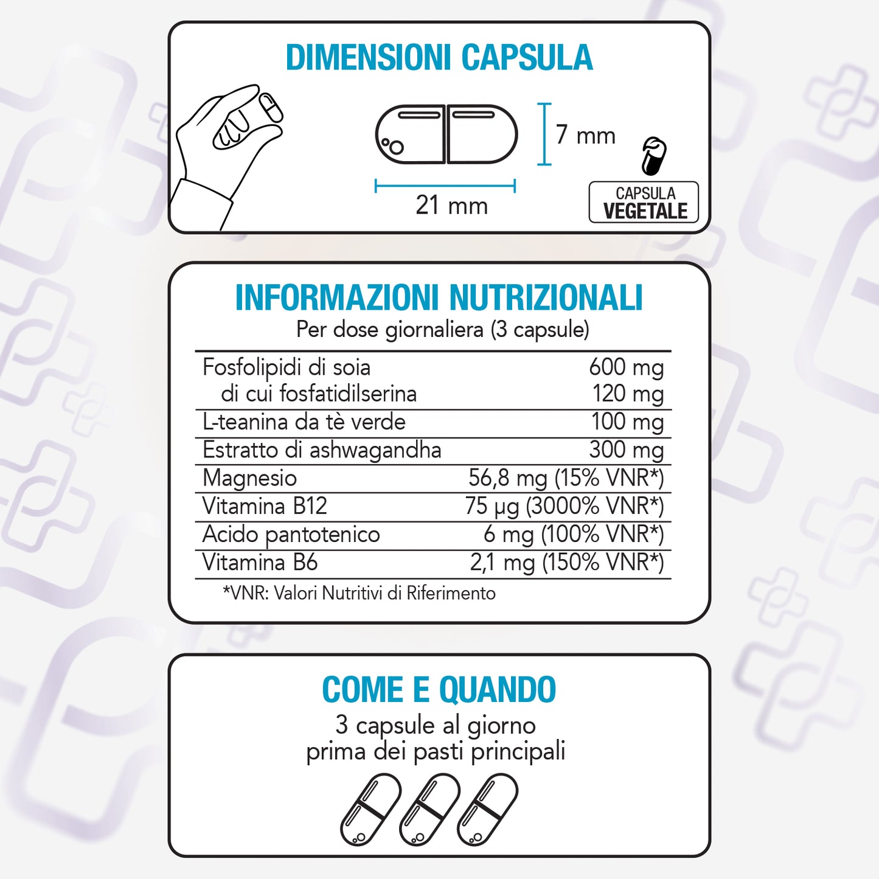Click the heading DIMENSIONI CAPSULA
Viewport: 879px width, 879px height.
[439, 58]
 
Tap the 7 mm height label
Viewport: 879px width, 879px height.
[585, 136]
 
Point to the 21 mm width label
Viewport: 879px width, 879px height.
[451, 205]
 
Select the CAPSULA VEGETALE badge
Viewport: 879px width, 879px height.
[644, 202]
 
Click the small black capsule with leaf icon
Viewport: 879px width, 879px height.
[654, 156]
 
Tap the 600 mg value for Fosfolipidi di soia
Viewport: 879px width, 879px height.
[627, 367]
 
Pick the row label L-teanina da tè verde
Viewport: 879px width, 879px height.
[304, 422]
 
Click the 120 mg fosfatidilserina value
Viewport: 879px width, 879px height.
[628, 394]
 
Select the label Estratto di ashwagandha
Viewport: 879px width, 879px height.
[322, 450]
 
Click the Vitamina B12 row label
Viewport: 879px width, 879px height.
[265, 506]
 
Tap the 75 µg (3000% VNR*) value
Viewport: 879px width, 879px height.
[565, 506]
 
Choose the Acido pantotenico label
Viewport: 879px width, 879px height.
[291, 534]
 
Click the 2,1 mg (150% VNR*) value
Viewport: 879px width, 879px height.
[567, 563]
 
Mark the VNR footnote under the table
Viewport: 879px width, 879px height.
[359, 594]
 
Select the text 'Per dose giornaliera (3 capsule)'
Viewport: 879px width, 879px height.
[442, 329]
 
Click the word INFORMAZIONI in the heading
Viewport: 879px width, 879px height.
[337, 297]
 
